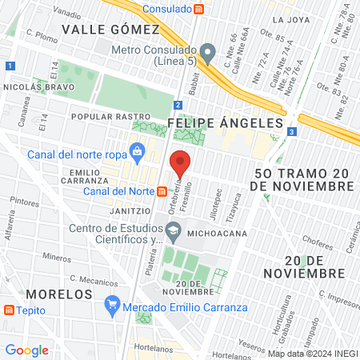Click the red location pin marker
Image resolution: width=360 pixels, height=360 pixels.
point(181,164)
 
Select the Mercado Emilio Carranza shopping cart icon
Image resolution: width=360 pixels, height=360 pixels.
point(112,305)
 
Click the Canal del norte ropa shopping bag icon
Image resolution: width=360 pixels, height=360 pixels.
point(138,150)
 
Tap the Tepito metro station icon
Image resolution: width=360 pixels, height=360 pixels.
point(9,310)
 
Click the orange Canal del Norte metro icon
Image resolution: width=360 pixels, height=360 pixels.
point(162,191)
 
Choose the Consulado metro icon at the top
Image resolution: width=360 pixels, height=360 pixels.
point(200,9)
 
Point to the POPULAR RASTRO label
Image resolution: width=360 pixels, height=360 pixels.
point(101,116)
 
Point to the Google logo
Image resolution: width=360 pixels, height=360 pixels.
point(26,350)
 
